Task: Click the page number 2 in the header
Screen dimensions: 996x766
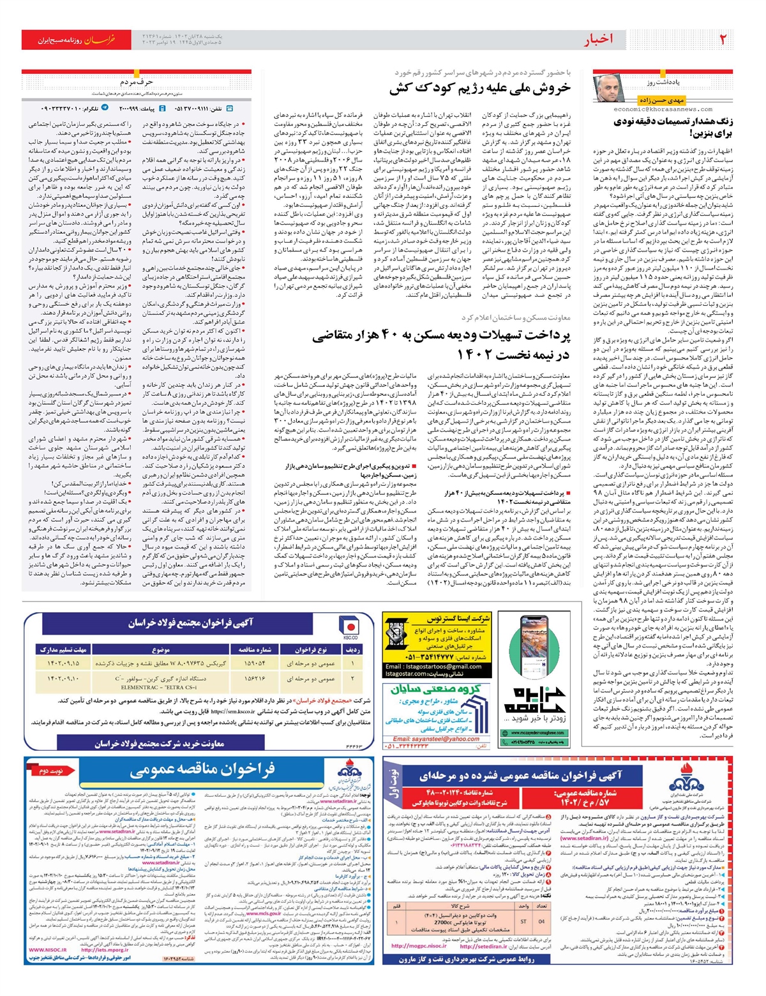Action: click(723, 40)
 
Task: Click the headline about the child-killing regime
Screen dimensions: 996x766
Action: click(480, 89)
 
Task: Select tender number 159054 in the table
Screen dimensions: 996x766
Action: click(255, 663)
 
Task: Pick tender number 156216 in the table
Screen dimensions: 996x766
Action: click(255, 678)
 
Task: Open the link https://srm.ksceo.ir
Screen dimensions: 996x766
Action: click(232, 711)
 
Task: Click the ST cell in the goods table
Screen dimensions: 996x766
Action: click(524, 921)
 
